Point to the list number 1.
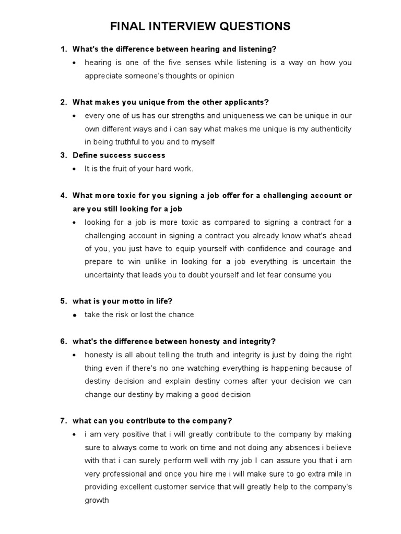(x=63, y=49)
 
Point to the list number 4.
(x=63, y=196)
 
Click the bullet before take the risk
(x=76, y=315)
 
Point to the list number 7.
(x=63, y=420)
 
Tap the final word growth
(x=97, y=500)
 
